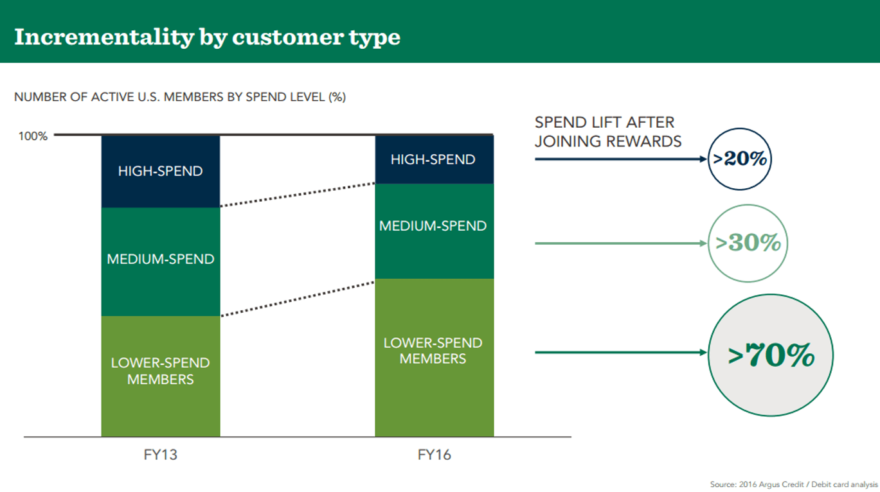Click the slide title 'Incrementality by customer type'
[x=207, y=37]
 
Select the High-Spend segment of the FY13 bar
[x=160, y=171]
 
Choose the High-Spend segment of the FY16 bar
[x=434, y=159]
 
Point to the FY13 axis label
[x=160, y=455]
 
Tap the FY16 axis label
[x=434, y=455]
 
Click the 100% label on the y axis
[x=33, y=136]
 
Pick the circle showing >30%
[x=748, y=243]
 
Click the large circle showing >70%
[x=771, y=355]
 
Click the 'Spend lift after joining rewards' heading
[x=607, y=132]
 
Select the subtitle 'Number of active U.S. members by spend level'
[x=180, y=98]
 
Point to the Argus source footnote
[x=793, y=484]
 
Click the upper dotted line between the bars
[x=297, y=195]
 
